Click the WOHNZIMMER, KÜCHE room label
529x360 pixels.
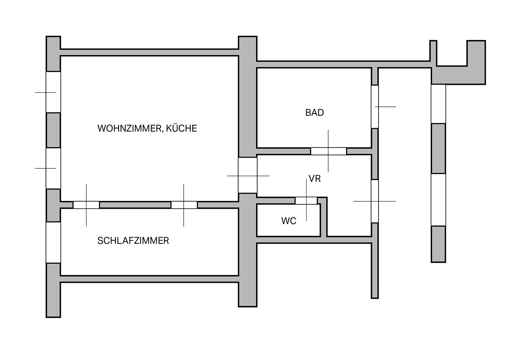pyautogui.click(x=147, y=128)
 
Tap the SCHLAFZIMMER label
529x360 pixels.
pyautogui.click(x=133, y=241)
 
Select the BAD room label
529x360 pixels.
pyautogui.click(x=314, y=113)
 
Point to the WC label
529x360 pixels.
pyautogui.click(x=289, y=221)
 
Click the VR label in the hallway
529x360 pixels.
pyautogui.click(x=315, y=179)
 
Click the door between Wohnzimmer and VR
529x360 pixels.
pyautogui.click(x=248, y=175)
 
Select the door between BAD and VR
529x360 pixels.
pyautogui.click(x=329, y=151)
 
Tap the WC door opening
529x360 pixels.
pyautogui.click(x=306, y=201)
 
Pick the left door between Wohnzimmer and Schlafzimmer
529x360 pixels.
pyautogui.click(x=86, y=205)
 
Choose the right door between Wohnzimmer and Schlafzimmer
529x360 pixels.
pyautogui.click(x=184, y=205)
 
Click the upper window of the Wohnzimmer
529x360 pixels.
pyautogui.click(x=53, y=92)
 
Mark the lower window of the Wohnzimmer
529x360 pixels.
pyautogui.click(x=53, y=168)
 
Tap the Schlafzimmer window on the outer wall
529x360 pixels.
pyautogui.click(x=53, y=242)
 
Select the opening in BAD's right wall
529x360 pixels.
pyautogui.click(x=374, y=107)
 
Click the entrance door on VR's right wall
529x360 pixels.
pyautogui.click(x=374, y=201)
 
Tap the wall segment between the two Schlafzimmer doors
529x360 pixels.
pyautogui.click(x=135, y=205)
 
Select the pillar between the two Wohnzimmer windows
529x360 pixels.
pyautogui.click(x=53, y=130)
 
